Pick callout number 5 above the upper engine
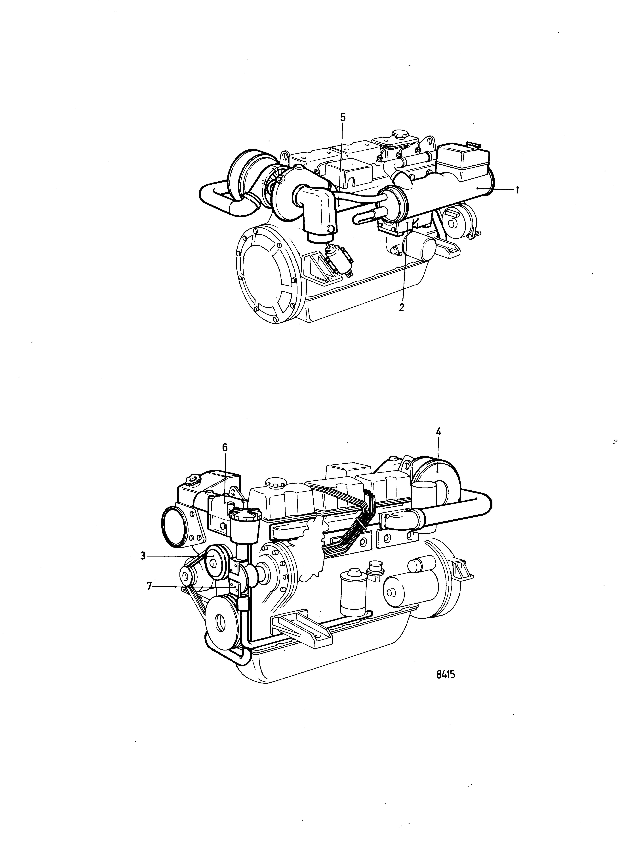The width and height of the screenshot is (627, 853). coord(343,117)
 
